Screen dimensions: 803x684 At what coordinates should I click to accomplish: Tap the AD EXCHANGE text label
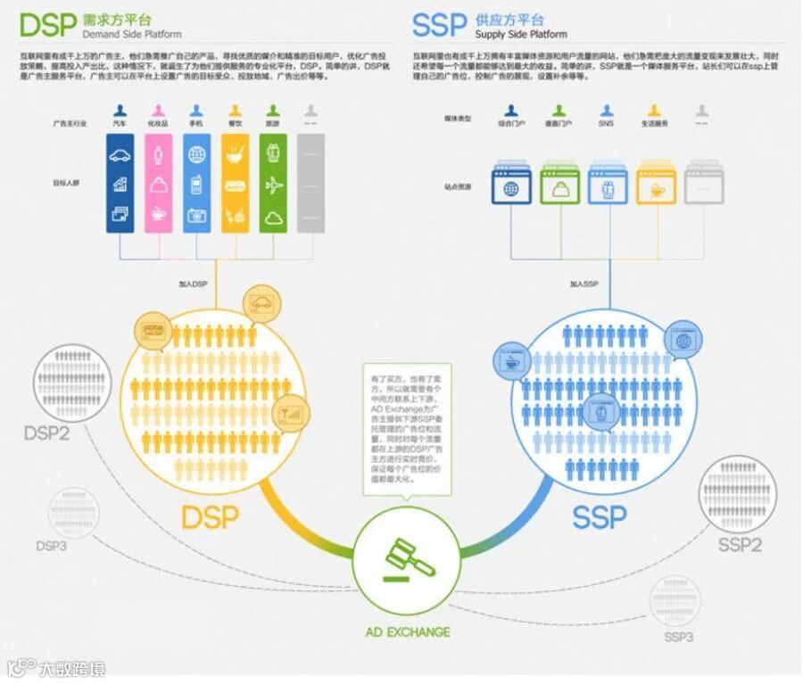[408, 632]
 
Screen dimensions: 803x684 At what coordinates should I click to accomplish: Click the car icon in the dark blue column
[120, 155]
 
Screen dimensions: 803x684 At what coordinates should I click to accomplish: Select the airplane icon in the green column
[274, 185]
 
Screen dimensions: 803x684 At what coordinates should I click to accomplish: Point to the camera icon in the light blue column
[196, 215]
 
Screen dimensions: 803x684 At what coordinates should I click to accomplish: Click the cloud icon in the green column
[274, 216]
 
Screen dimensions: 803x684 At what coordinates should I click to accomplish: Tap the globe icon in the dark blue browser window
[511, 189]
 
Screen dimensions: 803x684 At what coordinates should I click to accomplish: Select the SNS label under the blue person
[606, 123]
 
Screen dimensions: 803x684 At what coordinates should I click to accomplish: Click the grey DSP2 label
[46, 434]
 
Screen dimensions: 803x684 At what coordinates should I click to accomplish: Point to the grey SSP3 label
[678, 637]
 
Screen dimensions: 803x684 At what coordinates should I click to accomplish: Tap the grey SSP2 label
[740, 544]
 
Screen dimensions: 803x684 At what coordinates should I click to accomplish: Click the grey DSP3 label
[51, 545]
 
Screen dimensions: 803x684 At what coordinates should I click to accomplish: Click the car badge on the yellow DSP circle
[261, 303]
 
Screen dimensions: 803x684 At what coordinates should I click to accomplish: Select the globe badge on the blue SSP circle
[684, 340]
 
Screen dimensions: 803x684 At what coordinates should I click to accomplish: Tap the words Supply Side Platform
[521, 35]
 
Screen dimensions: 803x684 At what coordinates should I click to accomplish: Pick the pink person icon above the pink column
[159, 111]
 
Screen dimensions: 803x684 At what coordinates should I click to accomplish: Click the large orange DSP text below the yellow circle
[210, 516]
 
